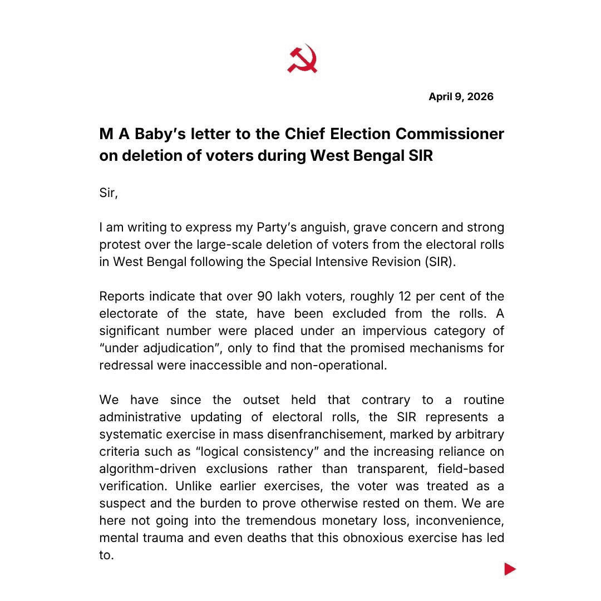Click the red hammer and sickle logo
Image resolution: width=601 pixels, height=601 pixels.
click(302, 59)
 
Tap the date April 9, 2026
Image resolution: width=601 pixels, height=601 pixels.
click(461, 97)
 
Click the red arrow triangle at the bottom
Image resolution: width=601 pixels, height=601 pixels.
click(510, 569)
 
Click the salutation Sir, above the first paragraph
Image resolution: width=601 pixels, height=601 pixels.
click(109, 193)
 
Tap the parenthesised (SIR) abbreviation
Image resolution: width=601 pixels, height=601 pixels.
click(440, 262)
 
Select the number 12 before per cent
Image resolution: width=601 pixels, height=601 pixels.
click(407, 297)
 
